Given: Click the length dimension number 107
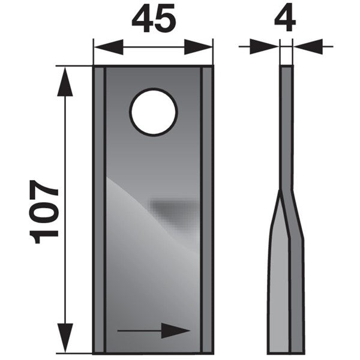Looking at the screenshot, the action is [x=43, y=212].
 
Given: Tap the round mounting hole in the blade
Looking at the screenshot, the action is [x=154, y=112].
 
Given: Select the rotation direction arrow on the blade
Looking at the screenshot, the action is [x=154, y=331].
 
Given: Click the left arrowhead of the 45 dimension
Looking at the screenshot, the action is [x=109, y=47].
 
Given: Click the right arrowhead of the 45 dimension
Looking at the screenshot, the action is [x=198, y=47].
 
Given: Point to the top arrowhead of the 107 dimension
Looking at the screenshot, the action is [x=65, y=82].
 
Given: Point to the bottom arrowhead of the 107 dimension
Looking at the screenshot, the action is [x=65, y=338].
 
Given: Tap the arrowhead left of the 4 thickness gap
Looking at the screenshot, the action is [x=264, y=47].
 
